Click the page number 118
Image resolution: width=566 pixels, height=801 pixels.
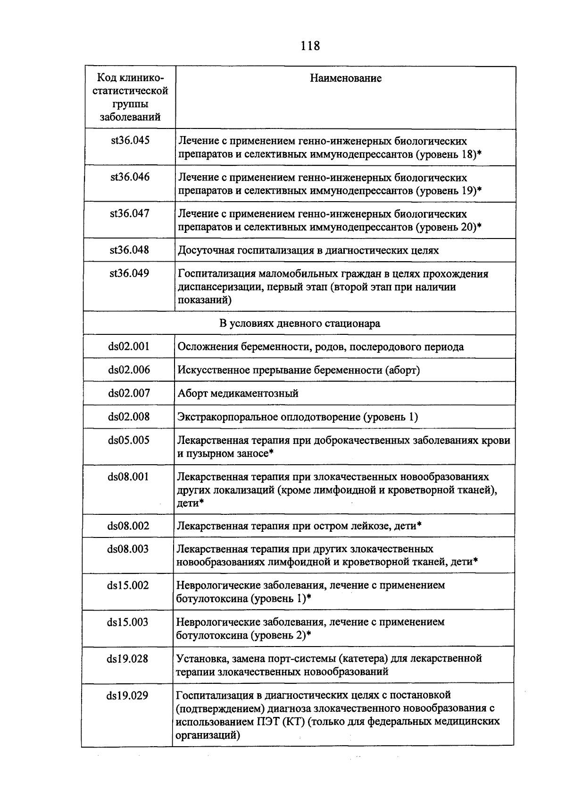click(x=309, y=46)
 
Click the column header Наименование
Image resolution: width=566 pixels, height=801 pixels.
click(x=345, y=78)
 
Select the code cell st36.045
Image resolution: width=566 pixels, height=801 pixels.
click(x=130, y=140)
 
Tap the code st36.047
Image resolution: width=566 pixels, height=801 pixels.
click(x=130, y=213)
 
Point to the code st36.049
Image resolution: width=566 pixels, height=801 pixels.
click(x=129, y=273)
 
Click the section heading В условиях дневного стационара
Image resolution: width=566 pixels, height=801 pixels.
click(x=300, y=324)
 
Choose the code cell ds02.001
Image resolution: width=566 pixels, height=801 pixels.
click(x=129, y=346)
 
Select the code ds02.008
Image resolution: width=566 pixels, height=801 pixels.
click(x=129, y=416)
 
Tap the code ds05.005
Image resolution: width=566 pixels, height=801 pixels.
click(x=129, y=440)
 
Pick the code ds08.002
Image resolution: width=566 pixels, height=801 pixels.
click(x=128, y=526)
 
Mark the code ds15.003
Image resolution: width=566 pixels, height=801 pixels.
click(x=128, y=622)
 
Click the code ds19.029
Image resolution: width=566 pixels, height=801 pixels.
click(x=127, y=695)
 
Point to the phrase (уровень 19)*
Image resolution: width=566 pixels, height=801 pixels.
click(x=449, y=190)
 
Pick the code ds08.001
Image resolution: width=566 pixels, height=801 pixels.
click(x=128, y=477)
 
